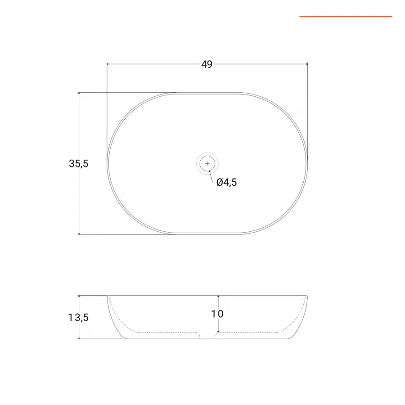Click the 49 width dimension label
(x=207, y=64)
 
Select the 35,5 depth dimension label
(x=79, y=164)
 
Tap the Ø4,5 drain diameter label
(x=226, y=182)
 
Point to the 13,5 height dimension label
(x=78, y=317)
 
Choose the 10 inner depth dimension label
(x=217, y=314)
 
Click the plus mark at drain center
(x=207, y=163)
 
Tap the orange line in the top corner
(x=346, y=17)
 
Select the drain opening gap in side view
(x=207, y=336)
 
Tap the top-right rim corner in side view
(x=306, y=296)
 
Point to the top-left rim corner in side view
(x=108, y=296)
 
